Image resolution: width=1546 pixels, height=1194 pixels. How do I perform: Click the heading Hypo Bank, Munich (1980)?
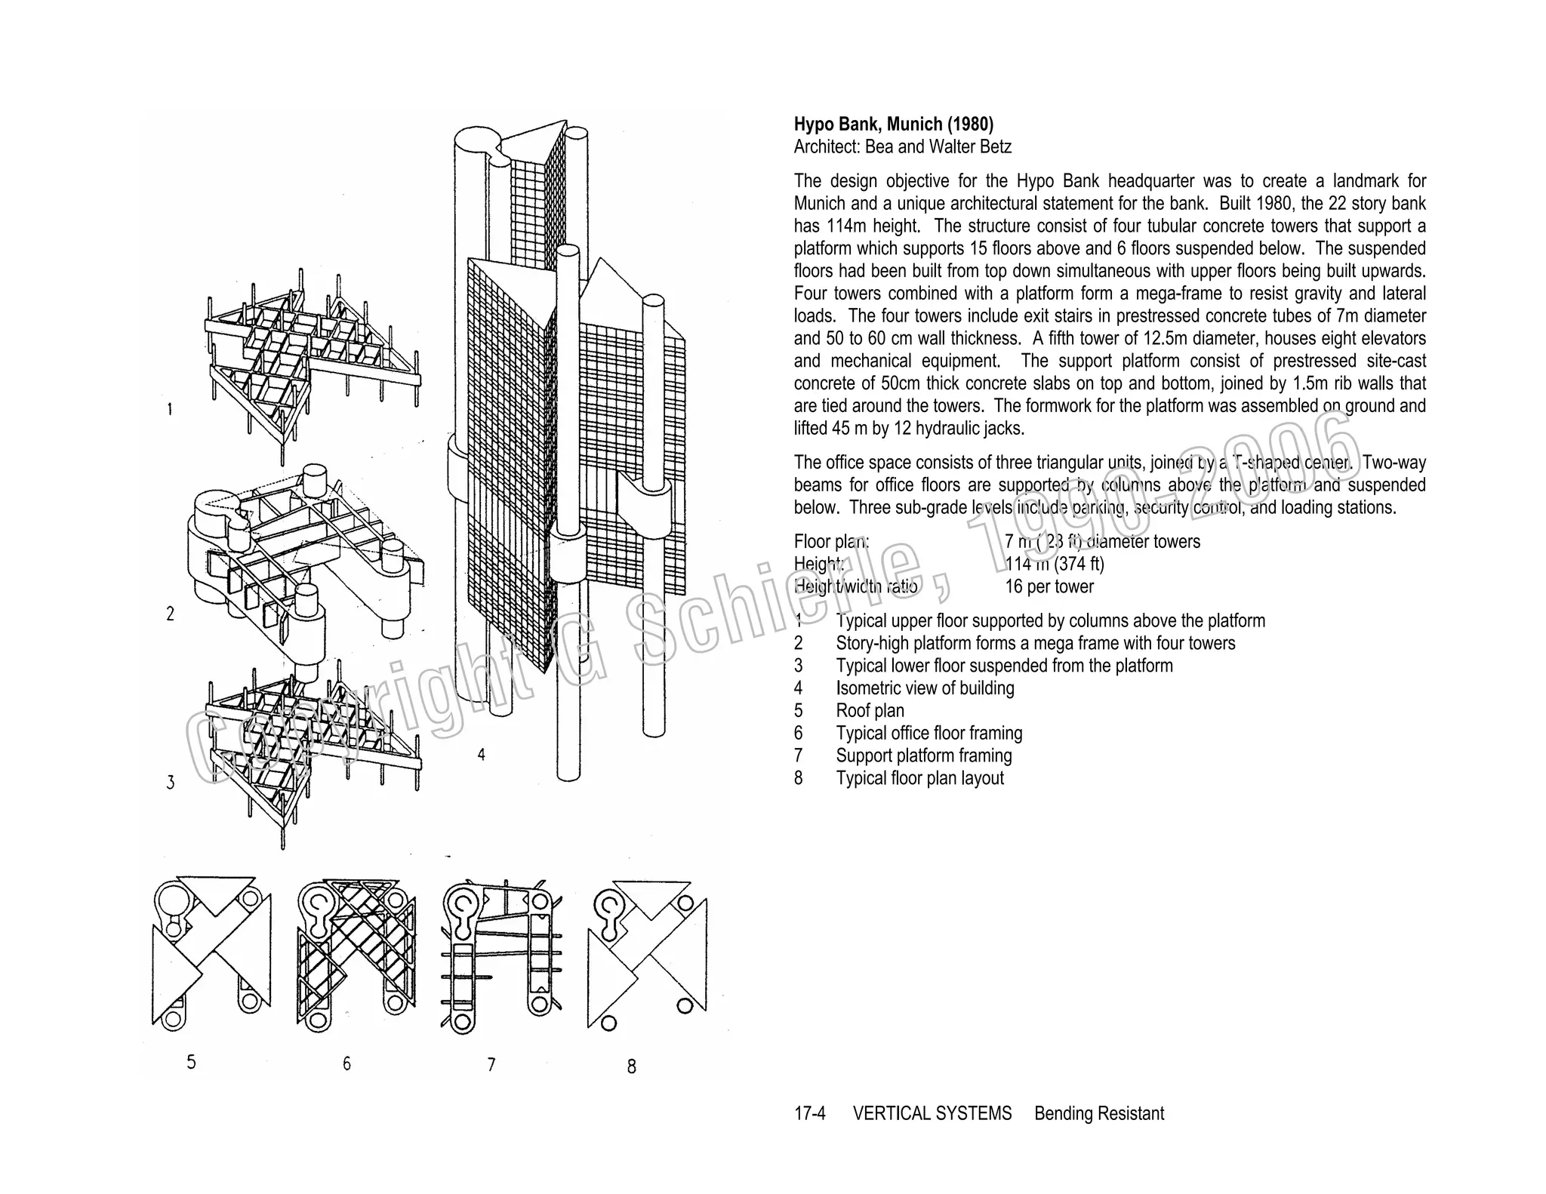click(x=893, y=125)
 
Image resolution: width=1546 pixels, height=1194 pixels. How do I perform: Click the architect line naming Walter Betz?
click(x=902, y=147)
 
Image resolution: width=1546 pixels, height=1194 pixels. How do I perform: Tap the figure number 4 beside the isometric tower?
click(x=481, y=754)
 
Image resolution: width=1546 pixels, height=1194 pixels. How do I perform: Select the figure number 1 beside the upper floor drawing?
click(x=170, y=409)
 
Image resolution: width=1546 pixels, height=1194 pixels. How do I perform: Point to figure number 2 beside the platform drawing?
click(x=171, y=614)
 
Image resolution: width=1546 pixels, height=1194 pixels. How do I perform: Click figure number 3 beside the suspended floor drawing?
click(x=171, y=783)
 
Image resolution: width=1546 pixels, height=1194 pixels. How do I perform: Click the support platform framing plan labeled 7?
click(x=500, y=955)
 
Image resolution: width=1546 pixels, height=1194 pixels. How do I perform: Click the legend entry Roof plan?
click(x=870, y=711)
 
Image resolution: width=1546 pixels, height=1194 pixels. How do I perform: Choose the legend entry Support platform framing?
click(x=923, y=755)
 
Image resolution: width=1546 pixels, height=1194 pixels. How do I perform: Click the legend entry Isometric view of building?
click(x=925, y=688)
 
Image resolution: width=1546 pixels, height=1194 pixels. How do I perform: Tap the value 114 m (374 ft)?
click(x=1054, y=564)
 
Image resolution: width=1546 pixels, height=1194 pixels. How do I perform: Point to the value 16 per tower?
click(x=1049, y=586)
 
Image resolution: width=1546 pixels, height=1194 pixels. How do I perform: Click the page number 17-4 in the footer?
click(x=809, y=1113)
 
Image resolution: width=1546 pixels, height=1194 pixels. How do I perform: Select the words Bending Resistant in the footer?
click(x=1098, y=1113)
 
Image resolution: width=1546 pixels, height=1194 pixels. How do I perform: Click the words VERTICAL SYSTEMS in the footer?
click(x=932, y=1113)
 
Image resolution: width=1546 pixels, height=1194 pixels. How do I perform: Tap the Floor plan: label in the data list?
click(x=831, y=541)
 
